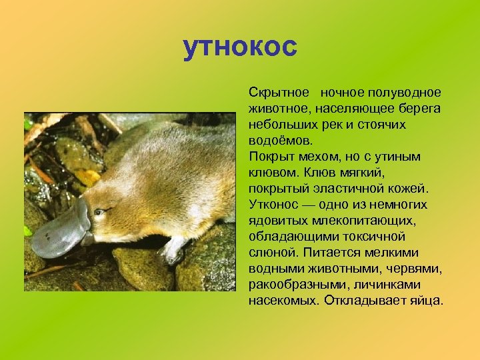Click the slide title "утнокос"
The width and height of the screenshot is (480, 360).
point(240,48)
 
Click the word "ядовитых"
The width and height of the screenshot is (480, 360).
point(278,220)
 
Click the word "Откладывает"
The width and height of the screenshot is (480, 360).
point(363,300)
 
